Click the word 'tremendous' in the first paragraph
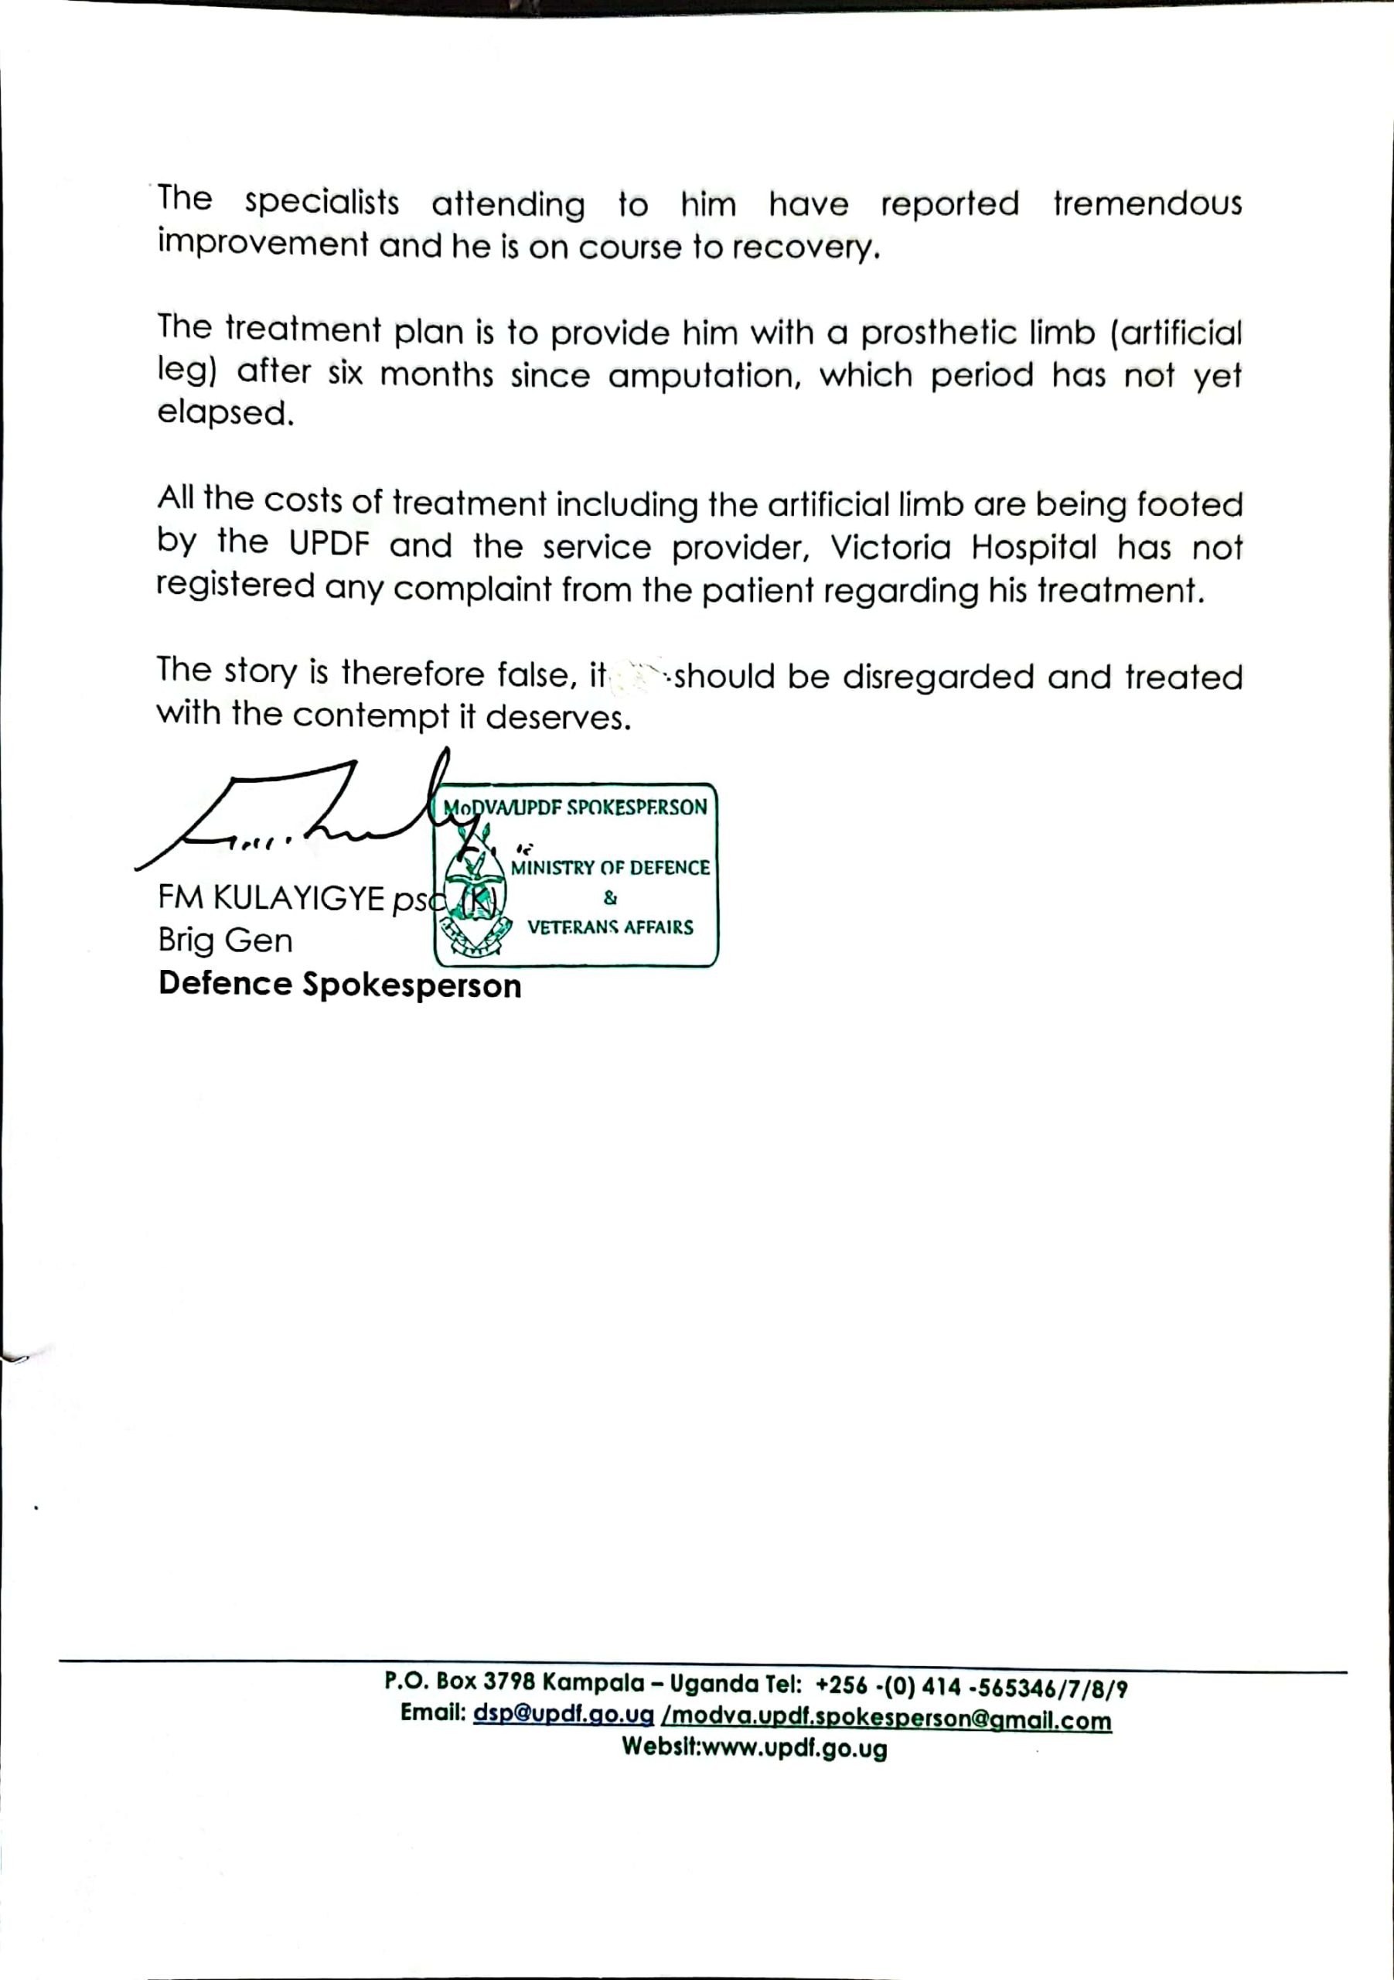pos(1147,204)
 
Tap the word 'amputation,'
pos(704,375)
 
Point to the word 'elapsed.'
pos(225,413)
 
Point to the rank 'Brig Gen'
pos(225,940)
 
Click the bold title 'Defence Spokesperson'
pos(339,984)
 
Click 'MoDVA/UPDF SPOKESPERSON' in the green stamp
pos(575,807)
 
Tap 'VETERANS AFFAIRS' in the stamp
pos(609,927)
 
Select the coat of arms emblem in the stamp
pos(474,906)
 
